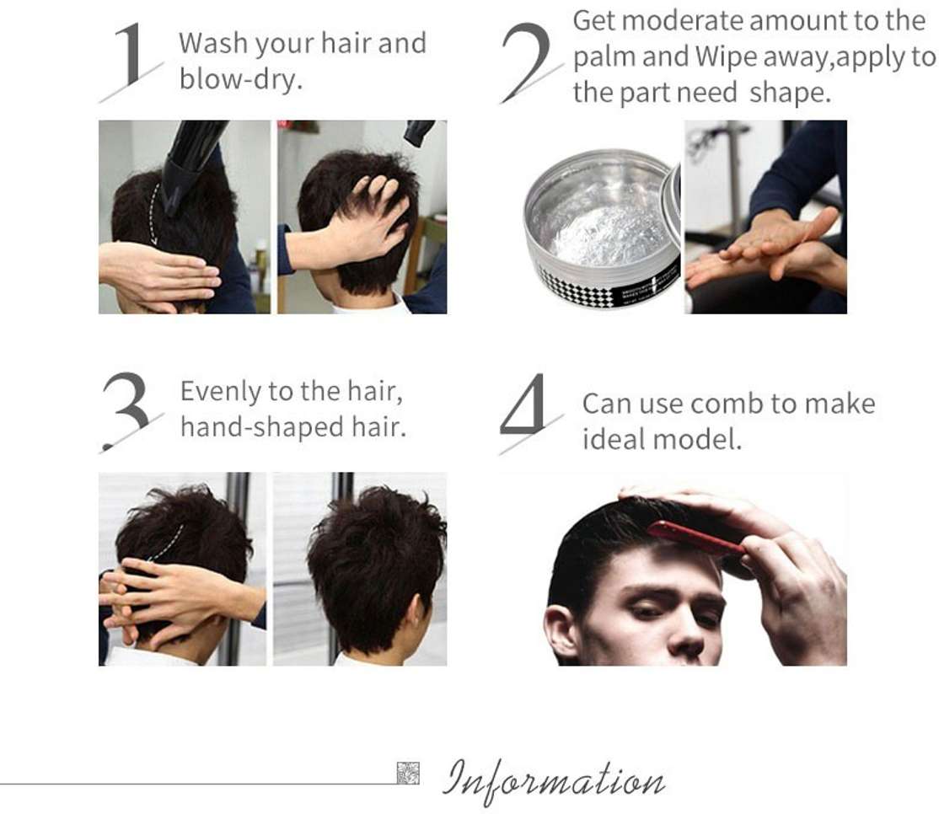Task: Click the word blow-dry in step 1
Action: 241,79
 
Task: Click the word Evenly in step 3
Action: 221,393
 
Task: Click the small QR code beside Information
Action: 408,773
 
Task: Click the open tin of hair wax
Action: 602,228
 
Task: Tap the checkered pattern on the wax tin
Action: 576,288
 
